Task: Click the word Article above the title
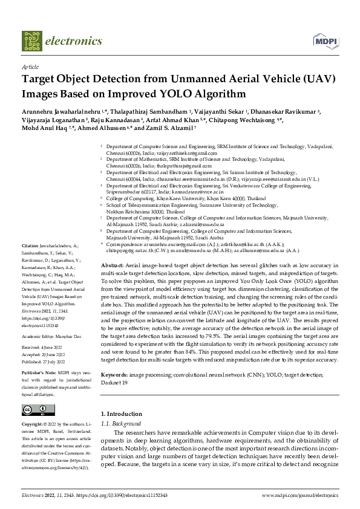click(x=30, y=67)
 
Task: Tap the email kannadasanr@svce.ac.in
click(x=195, y=192)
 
